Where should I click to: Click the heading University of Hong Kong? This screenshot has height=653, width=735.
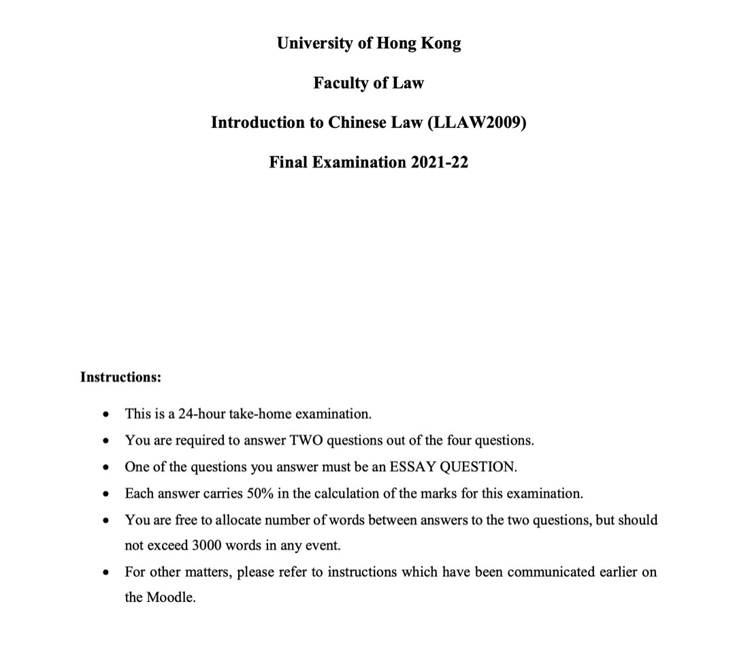click(x=368, y=43)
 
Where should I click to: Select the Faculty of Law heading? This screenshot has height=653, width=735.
click(x=368, y=83)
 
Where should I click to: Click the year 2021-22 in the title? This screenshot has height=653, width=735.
click(x=439, y=162)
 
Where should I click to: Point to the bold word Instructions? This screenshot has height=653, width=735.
click(x=120, y=377)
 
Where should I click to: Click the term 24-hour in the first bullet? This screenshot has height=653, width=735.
click(x=201, y=414)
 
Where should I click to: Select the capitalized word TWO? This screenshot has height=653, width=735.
click(x=306, y=441)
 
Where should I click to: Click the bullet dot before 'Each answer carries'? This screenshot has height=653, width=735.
click(x=105, y=494)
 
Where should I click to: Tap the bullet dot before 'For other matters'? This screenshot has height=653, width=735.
click(x=105, y=573)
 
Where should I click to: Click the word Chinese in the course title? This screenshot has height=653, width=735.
click(x=356, y=123)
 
